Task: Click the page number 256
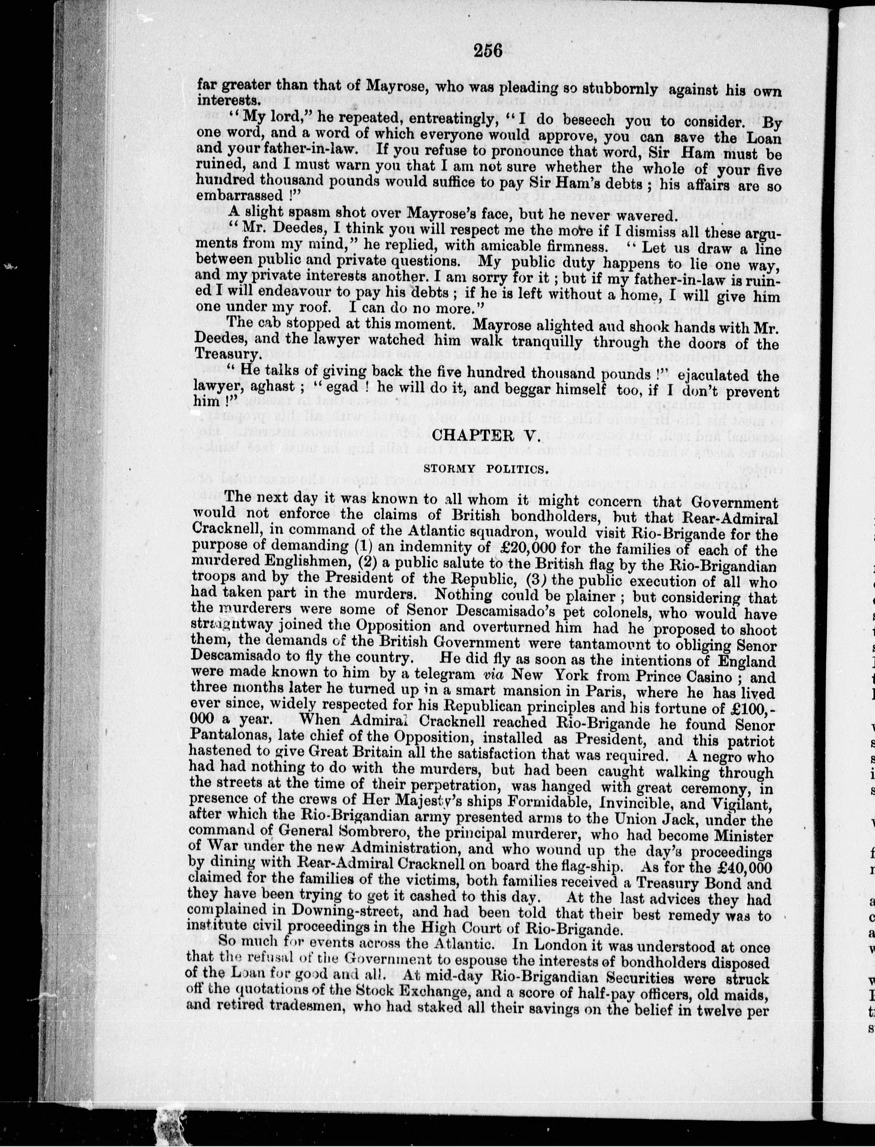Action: pyautogui.click(x=488, y=51)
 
